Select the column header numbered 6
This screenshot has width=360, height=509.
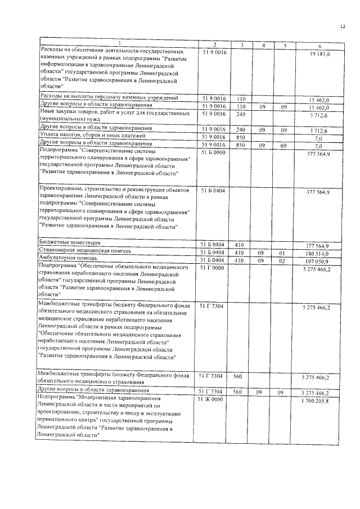click(319, 44)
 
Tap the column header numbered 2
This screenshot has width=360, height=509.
click(214, 44)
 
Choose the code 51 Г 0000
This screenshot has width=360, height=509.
click(213, 268)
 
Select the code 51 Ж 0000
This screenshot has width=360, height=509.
click(213, 399)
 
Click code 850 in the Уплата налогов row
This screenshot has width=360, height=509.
click(240, 137)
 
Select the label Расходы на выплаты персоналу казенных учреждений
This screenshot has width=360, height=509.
click(107, 98)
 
